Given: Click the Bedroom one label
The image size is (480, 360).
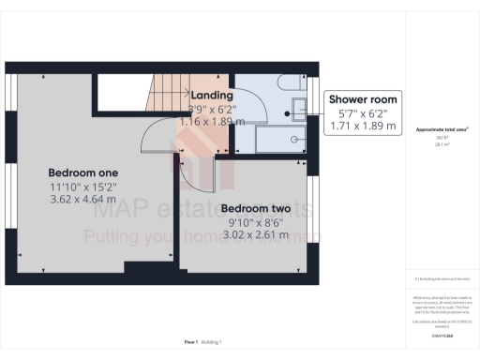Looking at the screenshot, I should tap(84, 173).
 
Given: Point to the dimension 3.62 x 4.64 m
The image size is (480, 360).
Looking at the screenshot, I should tap(84, 200).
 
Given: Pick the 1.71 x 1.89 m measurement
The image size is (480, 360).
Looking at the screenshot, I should tap(362, 127).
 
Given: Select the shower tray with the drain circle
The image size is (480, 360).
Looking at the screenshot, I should tap(278, 140).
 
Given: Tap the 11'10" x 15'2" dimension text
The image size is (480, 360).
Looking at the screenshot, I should tap(84, 187).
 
